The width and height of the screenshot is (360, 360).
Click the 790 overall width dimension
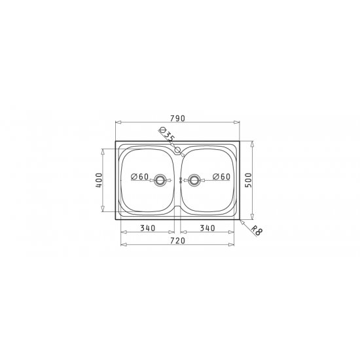pos(177,118)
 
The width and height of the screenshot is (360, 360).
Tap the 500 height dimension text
pos(249,180)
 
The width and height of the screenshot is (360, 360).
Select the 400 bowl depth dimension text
pos(99,180)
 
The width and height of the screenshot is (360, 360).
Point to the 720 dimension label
pos(177,241)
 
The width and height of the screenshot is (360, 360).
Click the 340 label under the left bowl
pos(148,228)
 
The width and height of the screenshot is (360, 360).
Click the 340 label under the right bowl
pos(207,228)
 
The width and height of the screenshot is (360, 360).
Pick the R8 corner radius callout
pos(256,230)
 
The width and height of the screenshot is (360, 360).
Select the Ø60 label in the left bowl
pos(139,177)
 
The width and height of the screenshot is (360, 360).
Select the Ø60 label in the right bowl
pos(221,177)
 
